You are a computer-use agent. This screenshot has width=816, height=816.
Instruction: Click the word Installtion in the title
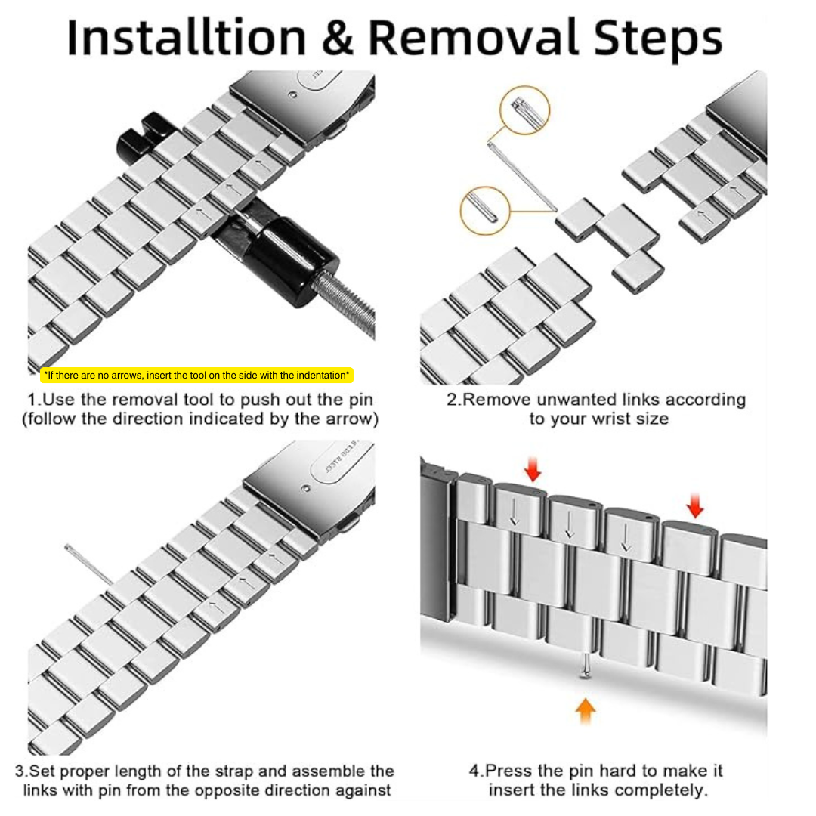187,38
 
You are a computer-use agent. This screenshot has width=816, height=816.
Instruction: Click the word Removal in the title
473,38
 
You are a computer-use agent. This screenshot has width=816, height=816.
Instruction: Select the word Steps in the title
658,40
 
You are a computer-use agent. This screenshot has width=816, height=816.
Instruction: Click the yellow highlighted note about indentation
196,376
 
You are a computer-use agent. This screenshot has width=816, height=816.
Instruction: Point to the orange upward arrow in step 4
586,711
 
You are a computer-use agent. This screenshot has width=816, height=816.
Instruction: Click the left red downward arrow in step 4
533,469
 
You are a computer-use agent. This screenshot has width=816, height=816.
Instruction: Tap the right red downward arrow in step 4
695,505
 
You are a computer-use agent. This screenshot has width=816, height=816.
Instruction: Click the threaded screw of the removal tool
345,306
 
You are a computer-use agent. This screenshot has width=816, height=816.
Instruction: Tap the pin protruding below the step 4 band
586,666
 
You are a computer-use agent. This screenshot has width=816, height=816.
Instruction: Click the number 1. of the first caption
34,400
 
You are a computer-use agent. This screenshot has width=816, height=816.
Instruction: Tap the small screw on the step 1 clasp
293,95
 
